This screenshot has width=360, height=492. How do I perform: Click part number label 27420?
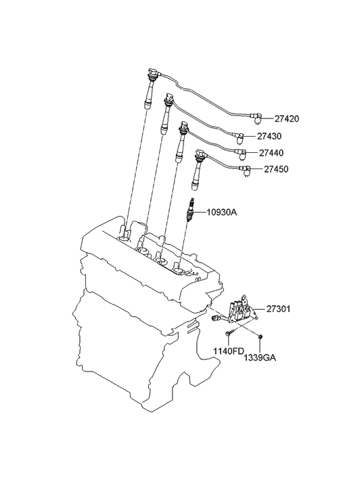(x=287, y=119)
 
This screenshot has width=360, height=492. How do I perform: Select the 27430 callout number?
(x=269, y=136)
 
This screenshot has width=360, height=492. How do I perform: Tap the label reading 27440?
(x=271, y=153)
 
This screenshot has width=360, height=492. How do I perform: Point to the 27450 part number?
(x=276, y=169)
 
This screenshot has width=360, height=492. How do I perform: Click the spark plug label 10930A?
(x=221, y=213)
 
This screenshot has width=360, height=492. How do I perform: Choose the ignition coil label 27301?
(x=279, y=309)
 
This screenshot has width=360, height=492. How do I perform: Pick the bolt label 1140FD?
(x=229, y=351)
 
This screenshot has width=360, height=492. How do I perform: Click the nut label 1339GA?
(x=261, y=358)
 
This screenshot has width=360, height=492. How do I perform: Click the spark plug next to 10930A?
(x=189, y=210)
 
